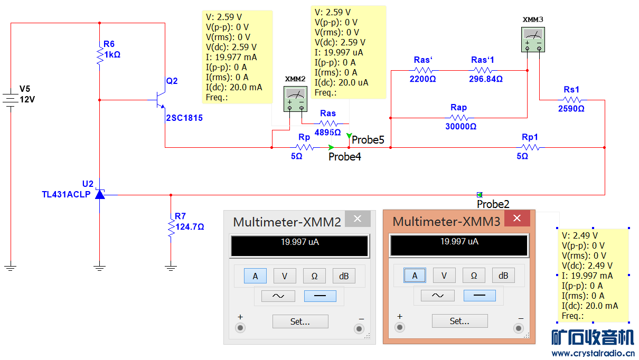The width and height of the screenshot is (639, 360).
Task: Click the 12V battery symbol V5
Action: pyautogui.click(x=11, y=99)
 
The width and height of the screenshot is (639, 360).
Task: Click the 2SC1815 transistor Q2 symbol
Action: pyautogui.click(x=160, y=99)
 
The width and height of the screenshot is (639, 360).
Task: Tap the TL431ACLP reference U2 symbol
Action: pyautogui.click(x=99, y=194)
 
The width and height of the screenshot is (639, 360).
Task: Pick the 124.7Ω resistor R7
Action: pyautogui.click(x=171, y=227)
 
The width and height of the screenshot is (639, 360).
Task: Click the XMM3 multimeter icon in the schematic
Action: pyautogui.click(x=533, y=40)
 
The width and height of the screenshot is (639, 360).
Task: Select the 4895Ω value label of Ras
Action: pyautogui.click(x=328, y=132)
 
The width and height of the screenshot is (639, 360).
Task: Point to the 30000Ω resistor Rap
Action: pyautogui.click(x=459, y=118)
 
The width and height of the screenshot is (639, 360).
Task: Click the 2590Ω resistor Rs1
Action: pyautogui.click(x=572, y=99)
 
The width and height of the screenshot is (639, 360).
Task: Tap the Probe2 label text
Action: pyautogui.click(x=493, y=204)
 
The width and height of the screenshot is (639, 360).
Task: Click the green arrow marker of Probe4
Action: pyautogui.click(x=331, y=148)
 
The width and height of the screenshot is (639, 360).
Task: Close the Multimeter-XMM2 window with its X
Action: pyautogui.click(x=358, y=219)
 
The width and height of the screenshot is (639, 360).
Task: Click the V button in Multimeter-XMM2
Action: pyautogui.click(x=285, y=276)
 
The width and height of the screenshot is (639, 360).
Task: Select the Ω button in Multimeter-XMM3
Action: pyautogui.click(x=474, y=276)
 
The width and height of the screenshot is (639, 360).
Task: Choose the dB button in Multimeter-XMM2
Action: pyautogui.click(x=344, y=276)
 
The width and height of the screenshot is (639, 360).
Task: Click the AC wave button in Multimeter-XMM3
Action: pyautogui.click(x=437, y=296)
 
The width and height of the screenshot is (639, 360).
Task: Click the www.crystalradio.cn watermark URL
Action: pyautogui.click(x=593, y=353)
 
